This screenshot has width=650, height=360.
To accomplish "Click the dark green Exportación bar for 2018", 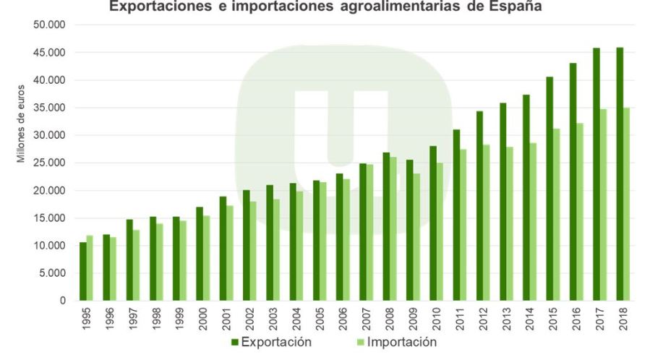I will pos(620,173).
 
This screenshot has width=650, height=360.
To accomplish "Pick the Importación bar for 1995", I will pos(90,267).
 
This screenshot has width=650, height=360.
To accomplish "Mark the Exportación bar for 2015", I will pos(549,188).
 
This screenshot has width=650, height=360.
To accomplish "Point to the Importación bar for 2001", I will pos(230,253).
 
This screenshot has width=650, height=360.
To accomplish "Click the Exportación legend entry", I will pos(271,342).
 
